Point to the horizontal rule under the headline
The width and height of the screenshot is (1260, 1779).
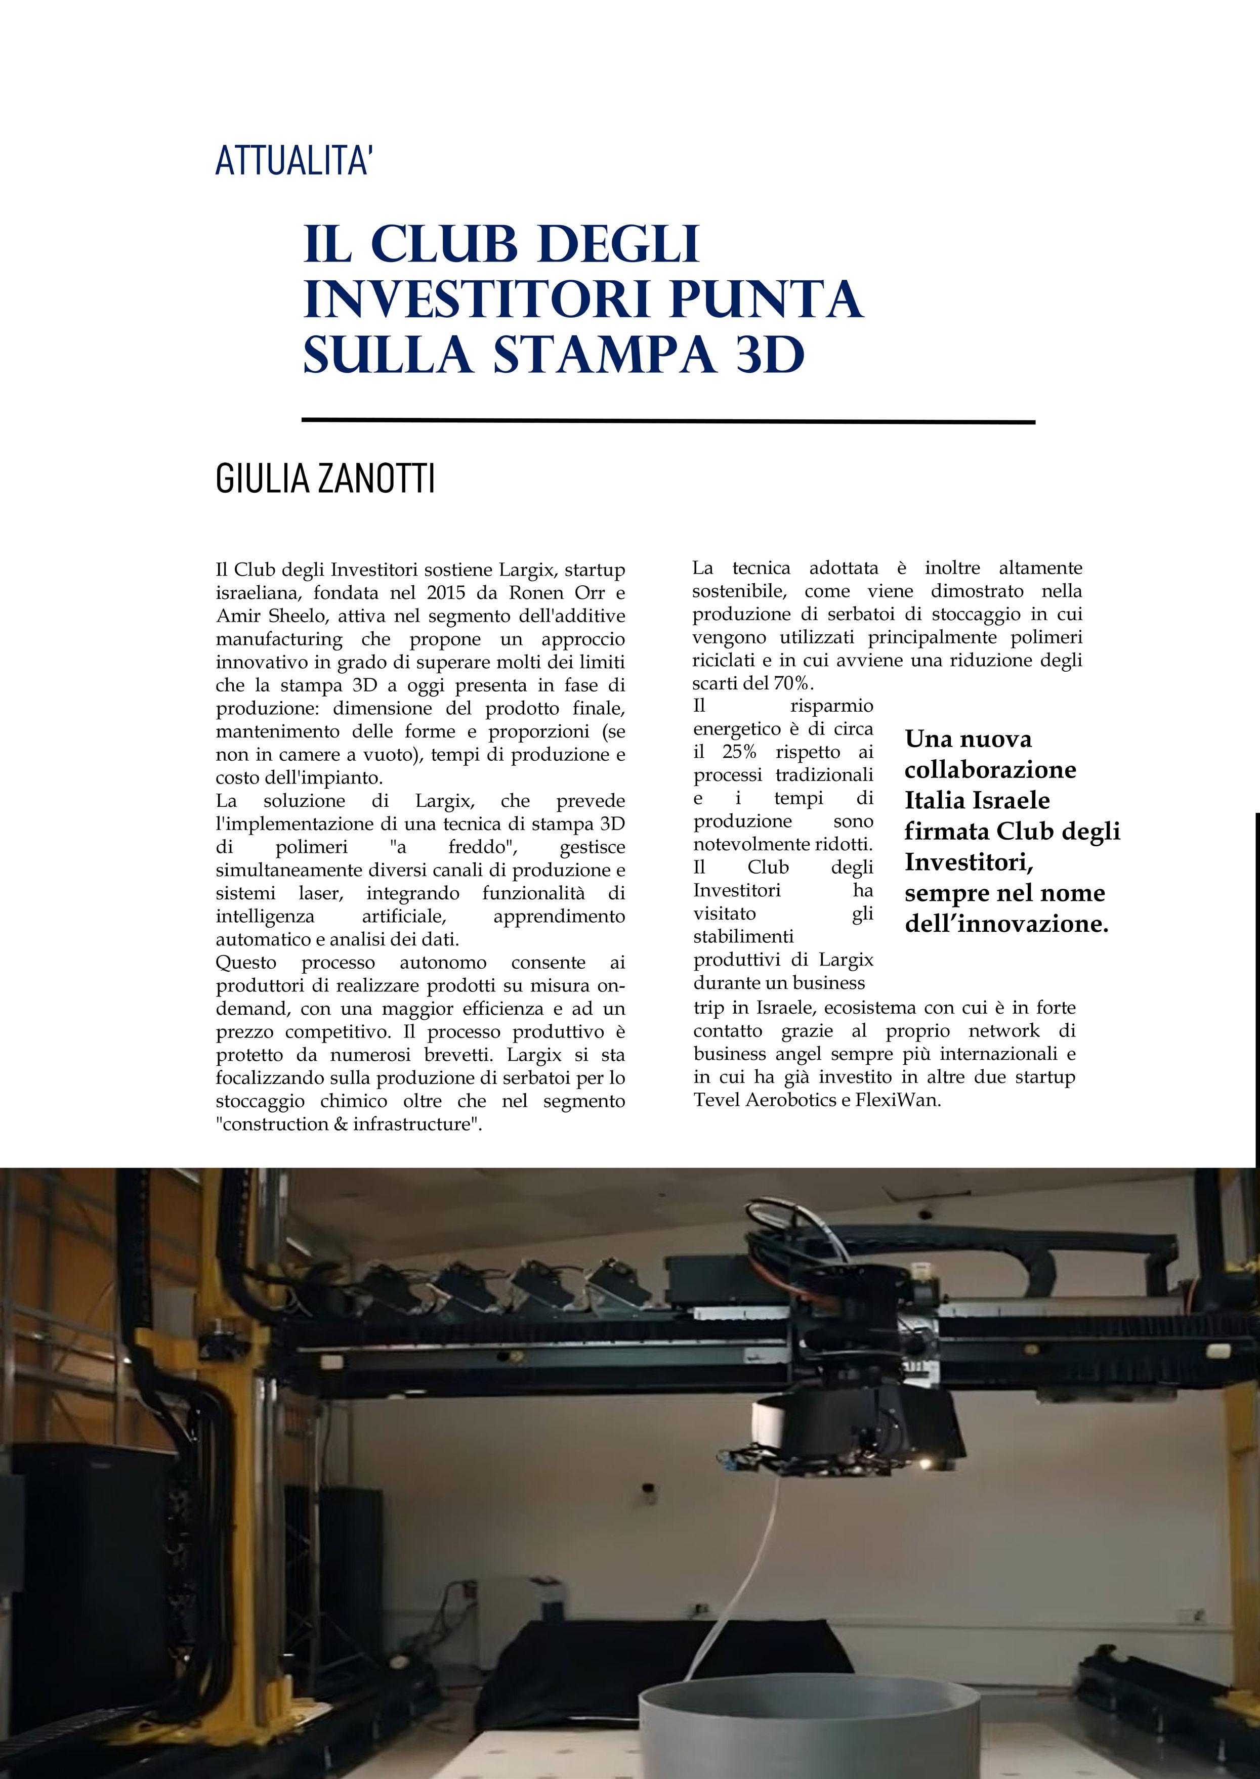tap(667, 421)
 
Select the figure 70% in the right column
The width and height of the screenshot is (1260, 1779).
tap(790, 683)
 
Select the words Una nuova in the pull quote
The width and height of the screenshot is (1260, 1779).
tap(968, 739)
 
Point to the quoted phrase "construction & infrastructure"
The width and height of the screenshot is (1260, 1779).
tap(348, 1124)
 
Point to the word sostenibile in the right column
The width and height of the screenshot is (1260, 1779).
tap(739, 591)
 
